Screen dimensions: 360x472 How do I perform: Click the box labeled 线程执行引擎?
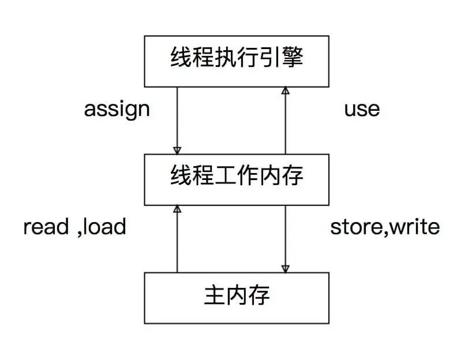click(237, 61)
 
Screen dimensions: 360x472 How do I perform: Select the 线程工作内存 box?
click(237, 179)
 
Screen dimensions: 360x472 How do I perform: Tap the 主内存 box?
click(237, 298)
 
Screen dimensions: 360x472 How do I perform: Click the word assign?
click(117, 109)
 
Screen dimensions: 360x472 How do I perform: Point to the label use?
click(362, 109)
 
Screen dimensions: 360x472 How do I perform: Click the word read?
click(46, 227)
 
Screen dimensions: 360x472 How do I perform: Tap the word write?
click(414, 227)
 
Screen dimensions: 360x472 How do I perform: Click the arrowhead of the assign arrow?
click(177, 150)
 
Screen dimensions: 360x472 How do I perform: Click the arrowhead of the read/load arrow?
click(177, 209)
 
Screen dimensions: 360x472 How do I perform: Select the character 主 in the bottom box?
click(213, 297)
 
